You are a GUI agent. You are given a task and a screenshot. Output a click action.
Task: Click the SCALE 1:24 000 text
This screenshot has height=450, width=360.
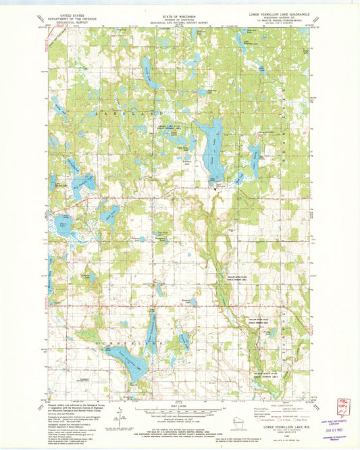click(x=179, y=405)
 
